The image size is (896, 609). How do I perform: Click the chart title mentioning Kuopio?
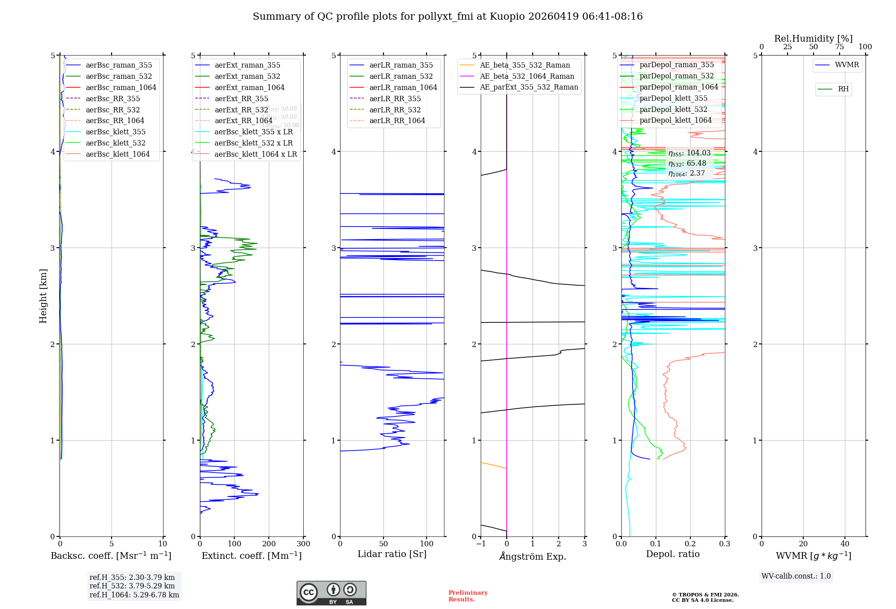coord(448,17)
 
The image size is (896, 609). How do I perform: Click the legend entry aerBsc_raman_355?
coord(119,65)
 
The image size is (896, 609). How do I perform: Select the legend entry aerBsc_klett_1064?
coord(117,154)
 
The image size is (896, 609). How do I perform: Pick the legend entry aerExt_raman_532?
coord(247,77)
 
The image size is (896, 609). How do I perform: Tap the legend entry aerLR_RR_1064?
coord(397,121)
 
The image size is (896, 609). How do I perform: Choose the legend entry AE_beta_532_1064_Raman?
coord(527,77)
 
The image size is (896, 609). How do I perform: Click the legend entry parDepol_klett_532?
coord(673,110)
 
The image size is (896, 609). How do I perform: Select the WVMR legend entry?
coord(847,65)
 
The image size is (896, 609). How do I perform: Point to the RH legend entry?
coord(843,90)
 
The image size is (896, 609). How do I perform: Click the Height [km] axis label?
coord(43,296)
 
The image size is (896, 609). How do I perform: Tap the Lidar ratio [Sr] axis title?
coord(392,554)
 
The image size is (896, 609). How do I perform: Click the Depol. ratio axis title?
coord(672,554)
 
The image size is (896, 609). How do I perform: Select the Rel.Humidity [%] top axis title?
coord(813,39)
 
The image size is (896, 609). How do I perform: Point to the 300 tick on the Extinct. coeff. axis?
coord(303,544)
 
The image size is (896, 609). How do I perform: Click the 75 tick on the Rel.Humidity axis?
coord(839,47)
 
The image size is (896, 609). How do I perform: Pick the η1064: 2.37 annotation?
coord(686,174)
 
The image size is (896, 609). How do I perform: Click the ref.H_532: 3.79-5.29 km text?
coord(132,586)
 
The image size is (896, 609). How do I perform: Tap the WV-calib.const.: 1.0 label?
coord(796,576)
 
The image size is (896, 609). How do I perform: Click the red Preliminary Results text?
coord(468,596)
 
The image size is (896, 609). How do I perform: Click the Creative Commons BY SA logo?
coord(331,593)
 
